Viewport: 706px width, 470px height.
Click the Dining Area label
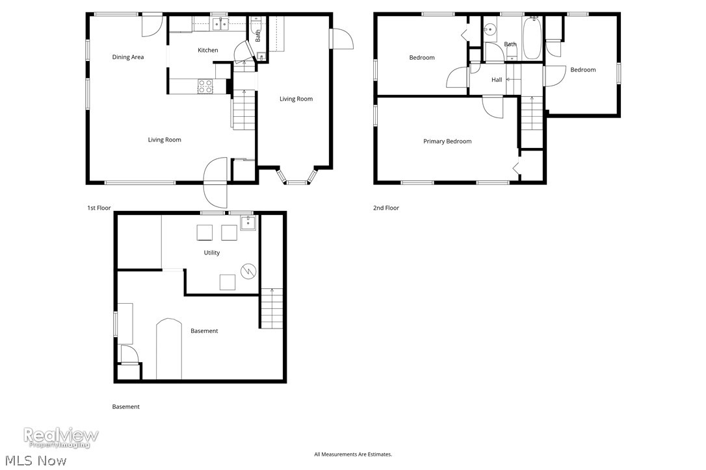coord(128,57)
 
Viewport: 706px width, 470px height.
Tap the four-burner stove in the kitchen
coord(205,86)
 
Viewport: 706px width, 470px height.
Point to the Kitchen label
coord(208,50)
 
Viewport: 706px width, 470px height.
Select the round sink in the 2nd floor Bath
coord(490,29)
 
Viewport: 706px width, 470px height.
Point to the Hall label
coord(497,80)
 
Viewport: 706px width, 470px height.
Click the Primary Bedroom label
coord(447,142)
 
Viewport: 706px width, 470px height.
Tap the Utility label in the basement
coord(212,253)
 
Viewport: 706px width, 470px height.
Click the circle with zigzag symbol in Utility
coord(247,271)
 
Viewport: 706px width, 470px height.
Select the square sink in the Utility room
coord(248,224)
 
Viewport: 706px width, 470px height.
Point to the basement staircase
coord(272,308)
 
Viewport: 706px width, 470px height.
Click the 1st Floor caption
coord(99,208)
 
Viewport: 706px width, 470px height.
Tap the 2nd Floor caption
coord(386,208)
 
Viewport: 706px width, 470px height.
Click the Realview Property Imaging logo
coord(61,437)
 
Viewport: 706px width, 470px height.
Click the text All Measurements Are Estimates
coord(353,454)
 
